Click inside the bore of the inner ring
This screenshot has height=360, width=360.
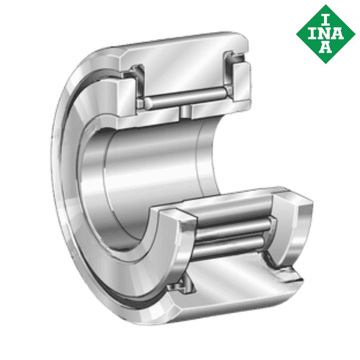coord(150,174)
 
